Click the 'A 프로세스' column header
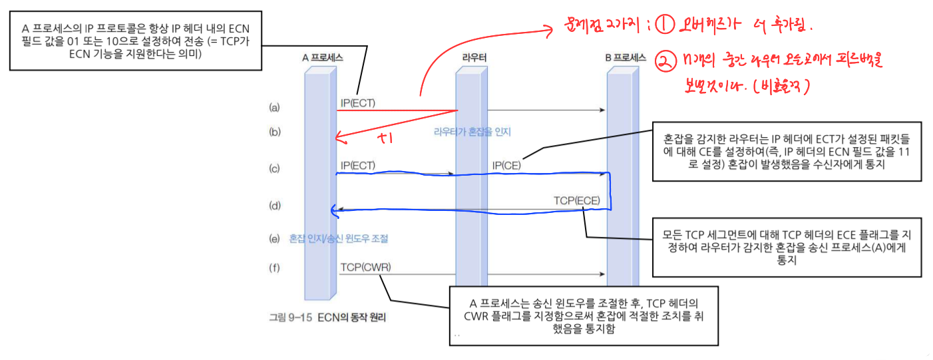tap(322, 58)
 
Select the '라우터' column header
tap(474, 58)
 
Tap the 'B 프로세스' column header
tap(626, 58)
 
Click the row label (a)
tap(275, 107)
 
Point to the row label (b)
tap(275, 132)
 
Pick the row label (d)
tap(275, 206)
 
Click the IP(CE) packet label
tap(506, 165)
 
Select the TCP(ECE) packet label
tap(576, 200)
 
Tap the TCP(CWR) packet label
tap(365, 268)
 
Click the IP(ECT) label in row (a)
tap(358, 102)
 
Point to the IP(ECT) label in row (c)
tap(358, 165)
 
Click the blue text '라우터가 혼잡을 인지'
tap(472, 132)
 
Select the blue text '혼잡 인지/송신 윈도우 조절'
tap(339, 238)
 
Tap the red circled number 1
tap(665, 25)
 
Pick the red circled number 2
tap(664, 61)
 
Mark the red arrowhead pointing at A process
tap(339, 138)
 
